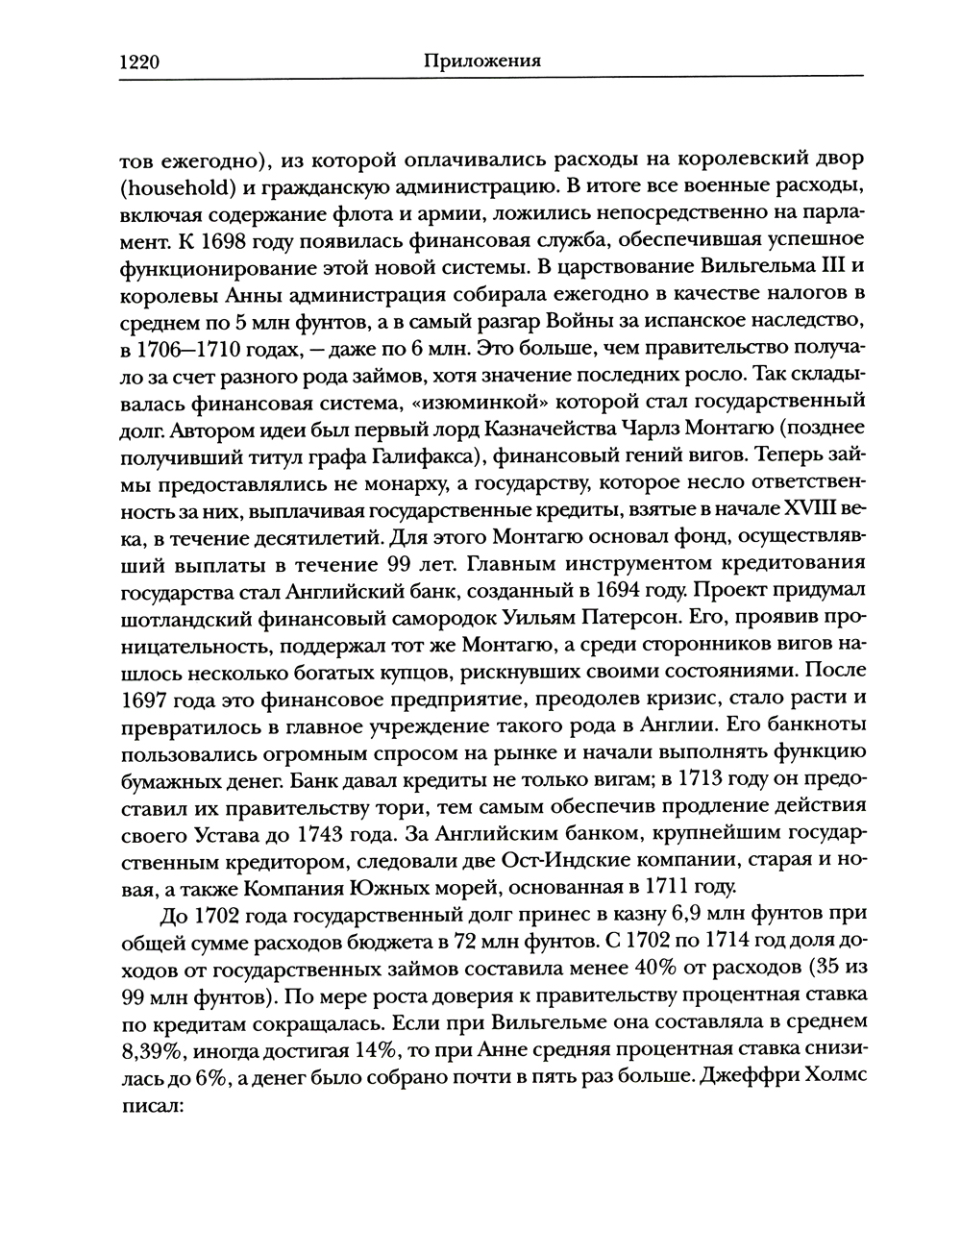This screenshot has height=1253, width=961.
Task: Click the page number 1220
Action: click(138, 62)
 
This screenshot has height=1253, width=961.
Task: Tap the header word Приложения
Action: click(481, 61)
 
